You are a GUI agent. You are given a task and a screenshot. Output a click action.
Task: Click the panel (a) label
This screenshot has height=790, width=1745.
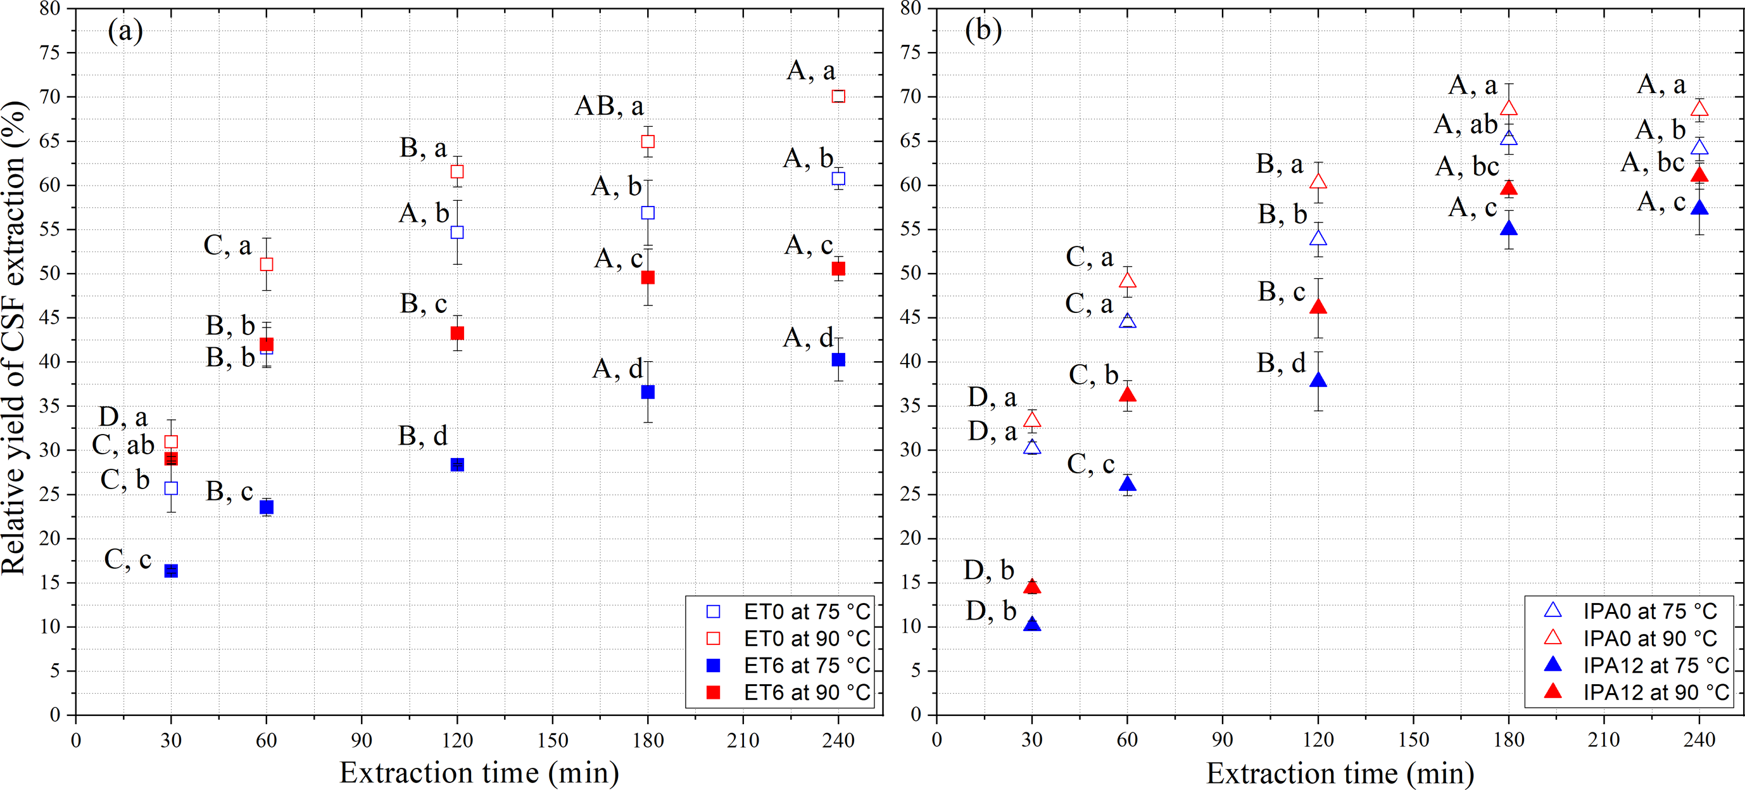[x=125, y=31]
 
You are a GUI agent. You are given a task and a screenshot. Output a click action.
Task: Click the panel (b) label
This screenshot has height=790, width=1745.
[x=983, y=31]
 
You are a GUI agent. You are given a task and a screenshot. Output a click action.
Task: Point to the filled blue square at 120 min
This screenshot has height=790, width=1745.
[x=457, y=464]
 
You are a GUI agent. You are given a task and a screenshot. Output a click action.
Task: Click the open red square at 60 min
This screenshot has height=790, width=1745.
[x=267, y=264]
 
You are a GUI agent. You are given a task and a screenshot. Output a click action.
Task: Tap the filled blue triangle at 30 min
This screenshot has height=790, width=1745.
[x=1031, y=624]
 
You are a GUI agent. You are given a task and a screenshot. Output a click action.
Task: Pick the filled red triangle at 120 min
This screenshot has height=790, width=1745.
[x=1318, y=307]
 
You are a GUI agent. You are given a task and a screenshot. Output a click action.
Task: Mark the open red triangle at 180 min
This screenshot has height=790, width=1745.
[x=1509, y=108]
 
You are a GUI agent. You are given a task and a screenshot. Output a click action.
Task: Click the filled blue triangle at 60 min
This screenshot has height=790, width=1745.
[x=1127, y=484]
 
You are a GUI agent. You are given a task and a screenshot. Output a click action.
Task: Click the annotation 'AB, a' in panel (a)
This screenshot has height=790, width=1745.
[x=609, y=106]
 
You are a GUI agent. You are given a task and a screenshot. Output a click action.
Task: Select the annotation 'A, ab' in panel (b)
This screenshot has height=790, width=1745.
[x=1466, y=125]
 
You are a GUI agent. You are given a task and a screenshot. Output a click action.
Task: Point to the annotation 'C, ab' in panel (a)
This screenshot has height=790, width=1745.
[x=123, y=445]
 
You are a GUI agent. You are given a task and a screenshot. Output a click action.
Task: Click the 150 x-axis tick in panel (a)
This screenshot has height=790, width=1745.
[x=553, y=740]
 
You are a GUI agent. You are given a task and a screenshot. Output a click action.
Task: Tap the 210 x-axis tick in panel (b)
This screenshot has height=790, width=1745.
[x=1604, y=740]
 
